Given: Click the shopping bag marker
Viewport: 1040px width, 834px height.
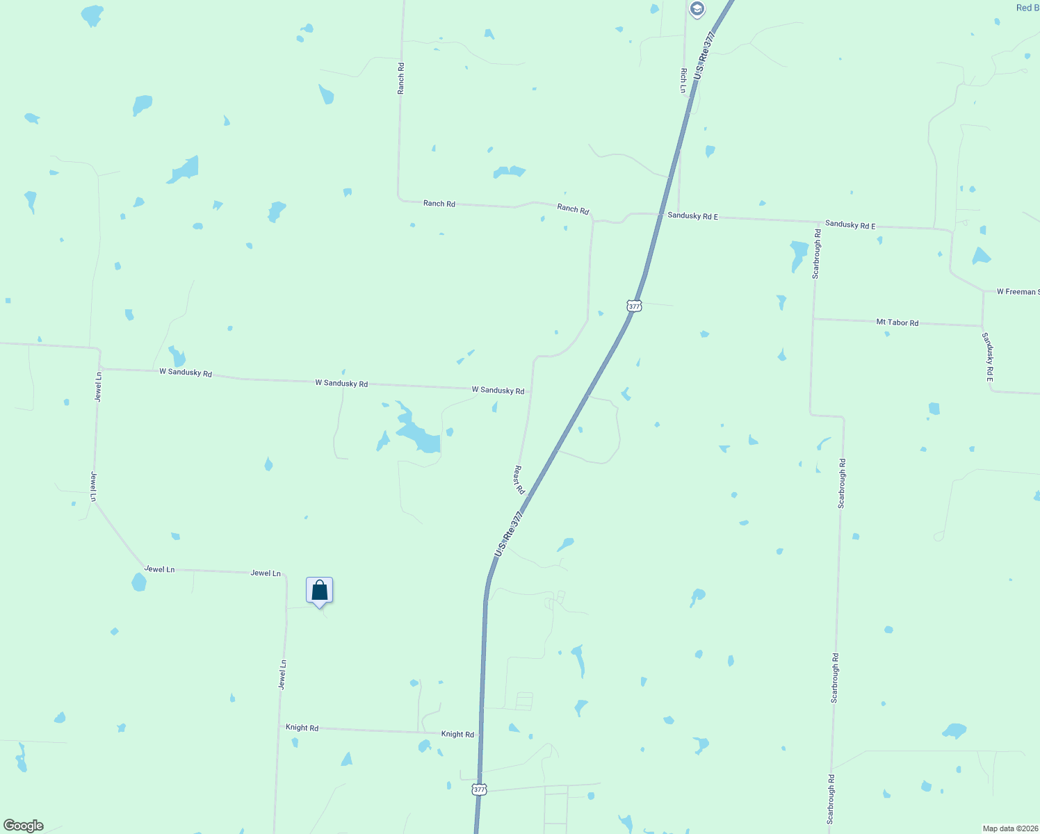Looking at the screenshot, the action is [x=320, y=591].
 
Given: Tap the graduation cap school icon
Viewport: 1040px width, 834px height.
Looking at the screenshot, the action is [x=697, y=9].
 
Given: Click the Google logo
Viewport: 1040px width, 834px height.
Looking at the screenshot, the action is [x=24, y=826].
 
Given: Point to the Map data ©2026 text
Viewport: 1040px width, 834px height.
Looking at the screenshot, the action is [x=1010, y=828].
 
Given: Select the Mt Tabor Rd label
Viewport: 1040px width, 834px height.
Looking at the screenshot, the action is [x=897, y=322].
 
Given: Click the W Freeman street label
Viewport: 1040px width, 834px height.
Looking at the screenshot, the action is [x=1018, y=292].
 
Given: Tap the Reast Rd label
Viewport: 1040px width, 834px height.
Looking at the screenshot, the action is [x=519, y=480].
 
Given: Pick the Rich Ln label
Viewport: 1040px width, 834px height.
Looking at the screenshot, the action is [x=684, y=81].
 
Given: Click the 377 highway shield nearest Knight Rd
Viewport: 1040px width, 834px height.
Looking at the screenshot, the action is [x=479, y=790].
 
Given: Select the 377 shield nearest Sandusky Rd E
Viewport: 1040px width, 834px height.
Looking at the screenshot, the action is [x=633, y=306].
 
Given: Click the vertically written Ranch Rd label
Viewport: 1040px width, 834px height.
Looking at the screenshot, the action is [x=401, y=78].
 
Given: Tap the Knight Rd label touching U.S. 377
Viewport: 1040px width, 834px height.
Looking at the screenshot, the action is [x=457, y=734].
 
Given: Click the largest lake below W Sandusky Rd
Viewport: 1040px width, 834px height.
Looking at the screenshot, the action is [x=419, y=434].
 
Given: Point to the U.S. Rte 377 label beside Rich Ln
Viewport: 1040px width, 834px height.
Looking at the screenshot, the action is [x=704, y=54].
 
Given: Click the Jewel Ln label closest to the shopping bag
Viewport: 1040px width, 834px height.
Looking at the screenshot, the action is [x=266, y=573].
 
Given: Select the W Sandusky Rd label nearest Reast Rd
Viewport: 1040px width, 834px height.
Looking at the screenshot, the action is [x=498, y=391].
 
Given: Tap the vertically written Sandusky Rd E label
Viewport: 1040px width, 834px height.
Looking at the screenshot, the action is [x=988, y=357].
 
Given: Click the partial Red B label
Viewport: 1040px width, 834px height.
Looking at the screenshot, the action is [x=1027, y=8].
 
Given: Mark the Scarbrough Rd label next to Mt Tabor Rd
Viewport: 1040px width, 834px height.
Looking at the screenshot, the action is [x=817, y=254].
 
